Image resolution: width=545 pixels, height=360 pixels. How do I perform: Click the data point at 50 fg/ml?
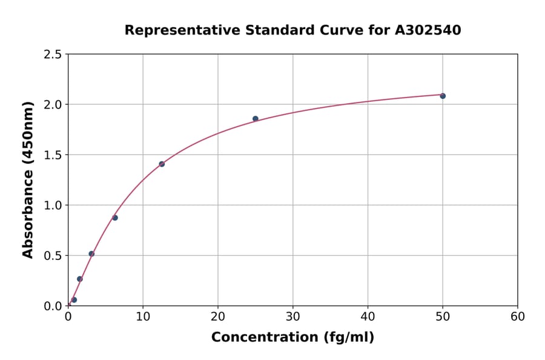tap(443, 96)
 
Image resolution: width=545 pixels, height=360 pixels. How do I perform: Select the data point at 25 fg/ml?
tap(256, 119)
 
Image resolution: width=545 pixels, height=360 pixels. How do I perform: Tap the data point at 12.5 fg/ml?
tap(162, 164)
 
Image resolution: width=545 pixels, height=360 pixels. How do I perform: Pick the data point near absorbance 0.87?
tap(115, 218)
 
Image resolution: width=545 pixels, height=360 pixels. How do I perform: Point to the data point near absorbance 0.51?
tap(91, 254)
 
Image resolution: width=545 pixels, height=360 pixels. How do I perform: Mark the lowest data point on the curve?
tap(74, 300)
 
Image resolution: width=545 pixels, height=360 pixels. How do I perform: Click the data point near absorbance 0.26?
tap(80, 279)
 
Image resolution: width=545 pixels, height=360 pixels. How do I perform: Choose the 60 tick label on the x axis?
tap(518, 316)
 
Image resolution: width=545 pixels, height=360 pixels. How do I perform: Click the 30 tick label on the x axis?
tap(293, 316)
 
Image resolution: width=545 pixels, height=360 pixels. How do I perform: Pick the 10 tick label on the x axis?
tap(143, 316)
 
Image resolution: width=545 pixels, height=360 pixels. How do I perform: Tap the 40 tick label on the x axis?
tap(368, 316)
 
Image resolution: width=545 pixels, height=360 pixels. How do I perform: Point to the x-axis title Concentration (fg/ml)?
tap(292, 338)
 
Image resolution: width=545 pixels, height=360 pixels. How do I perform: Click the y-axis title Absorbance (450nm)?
tap(28, 179)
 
